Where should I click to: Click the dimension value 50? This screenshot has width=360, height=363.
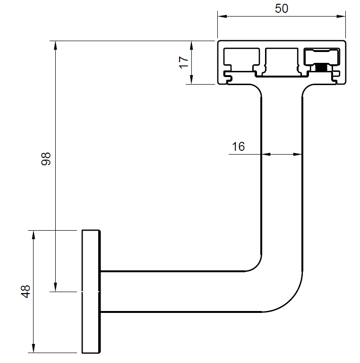281,8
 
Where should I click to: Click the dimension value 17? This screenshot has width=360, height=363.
184,62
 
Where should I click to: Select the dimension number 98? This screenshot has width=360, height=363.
46,160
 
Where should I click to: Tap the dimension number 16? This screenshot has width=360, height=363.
239,147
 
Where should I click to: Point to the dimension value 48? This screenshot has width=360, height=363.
26,291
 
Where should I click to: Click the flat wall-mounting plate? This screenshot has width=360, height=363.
91,291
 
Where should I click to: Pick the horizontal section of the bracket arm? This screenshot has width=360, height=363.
180,291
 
